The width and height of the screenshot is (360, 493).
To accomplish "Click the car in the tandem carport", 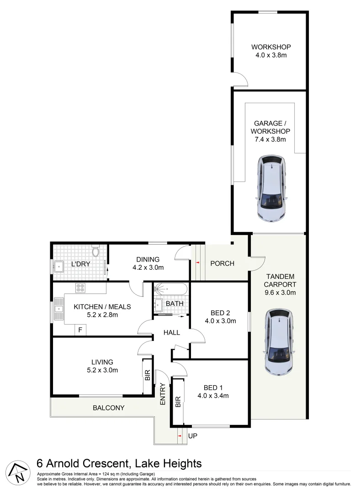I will pos(278,342).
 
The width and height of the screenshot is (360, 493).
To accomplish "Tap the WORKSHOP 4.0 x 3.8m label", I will pos(271,51).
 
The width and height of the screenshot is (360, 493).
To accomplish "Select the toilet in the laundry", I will pos(95,252).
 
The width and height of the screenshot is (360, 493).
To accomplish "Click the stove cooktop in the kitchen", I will pos(81,288).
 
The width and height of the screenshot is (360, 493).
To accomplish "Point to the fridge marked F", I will pos(80,330).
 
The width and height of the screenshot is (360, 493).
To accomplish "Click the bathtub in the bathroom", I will pos(170,289).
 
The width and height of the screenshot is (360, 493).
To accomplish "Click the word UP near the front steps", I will pos(193,436).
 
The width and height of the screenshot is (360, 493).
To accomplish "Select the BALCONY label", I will pos(109,408).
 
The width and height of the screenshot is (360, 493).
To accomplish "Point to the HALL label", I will pos(172,333).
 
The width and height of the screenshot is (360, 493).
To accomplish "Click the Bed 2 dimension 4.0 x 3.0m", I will pos(220,321).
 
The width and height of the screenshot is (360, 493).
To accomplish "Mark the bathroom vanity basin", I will pos(158,304).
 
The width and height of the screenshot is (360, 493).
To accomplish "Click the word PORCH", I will pos(222,263).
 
